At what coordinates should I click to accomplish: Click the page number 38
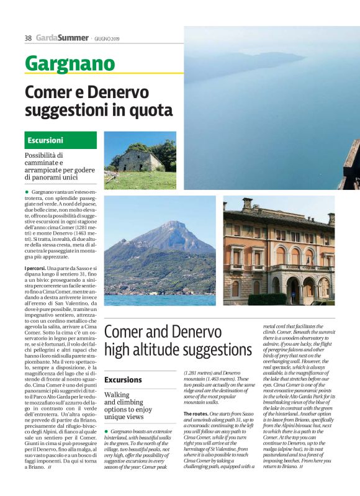tap(28, 38)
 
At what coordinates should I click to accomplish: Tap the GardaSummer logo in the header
tap(61, 38)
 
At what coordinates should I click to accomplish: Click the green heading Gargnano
tap(70, 63)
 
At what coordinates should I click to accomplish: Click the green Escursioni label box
tap(52, 140)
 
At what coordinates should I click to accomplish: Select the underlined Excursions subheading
tap(123, 379)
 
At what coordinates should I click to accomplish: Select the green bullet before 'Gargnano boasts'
tap(106, 431)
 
